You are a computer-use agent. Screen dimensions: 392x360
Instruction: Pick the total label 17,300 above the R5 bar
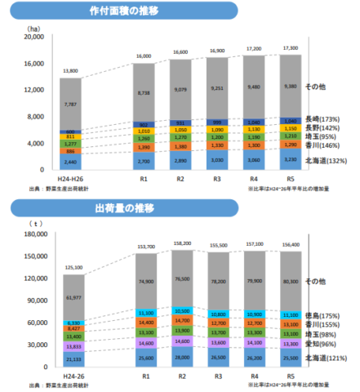click(x=287, y=48)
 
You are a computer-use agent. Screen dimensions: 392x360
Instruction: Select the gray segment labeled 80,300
click(x=287, y=280)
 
